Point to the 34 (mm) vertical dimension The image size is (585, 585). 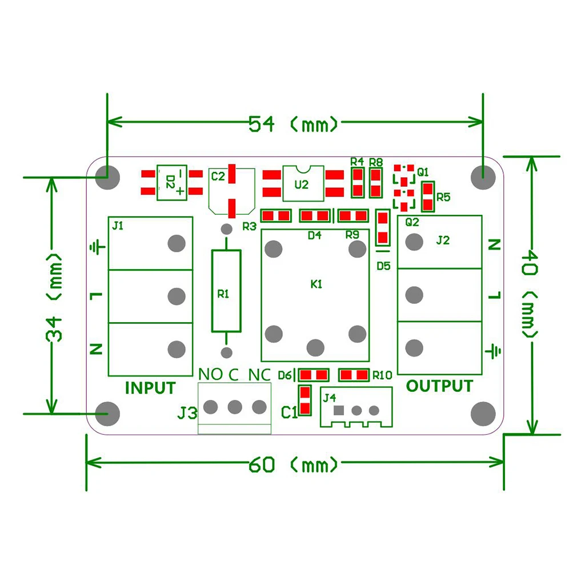54,297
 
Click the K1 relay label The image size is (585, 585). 316,283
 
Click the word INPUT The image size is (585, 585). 150,388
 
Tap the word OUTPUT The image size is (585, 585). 439,386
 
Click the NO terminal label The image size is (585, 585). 210,375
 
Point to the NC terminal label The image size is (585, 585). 259,375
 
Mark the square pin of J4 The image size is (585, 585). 339,410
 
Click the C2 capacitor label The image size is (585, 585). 218,176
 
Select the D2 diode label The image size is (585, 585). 170,182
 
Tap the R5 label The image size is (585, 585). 443,197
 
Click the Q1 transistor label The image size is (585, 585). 423,171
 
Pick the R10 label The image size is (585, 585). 382,375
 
